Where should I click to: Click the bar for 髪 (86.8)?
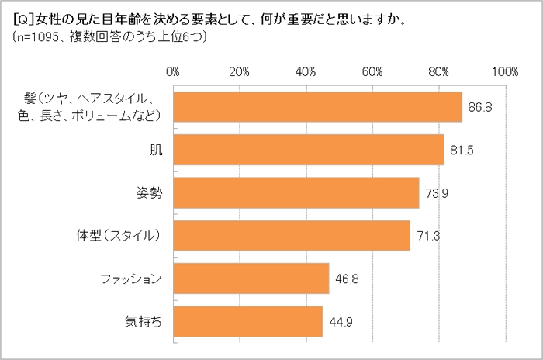317,107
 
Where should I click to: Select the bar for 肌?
308,150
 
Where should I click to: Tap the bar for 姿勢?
296,193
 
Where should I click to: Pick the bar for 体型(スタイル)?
291,236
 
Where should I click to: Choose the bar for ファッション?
251,279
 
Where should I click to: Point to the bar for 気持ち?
247,321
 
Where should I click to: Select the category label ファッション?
132,279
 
